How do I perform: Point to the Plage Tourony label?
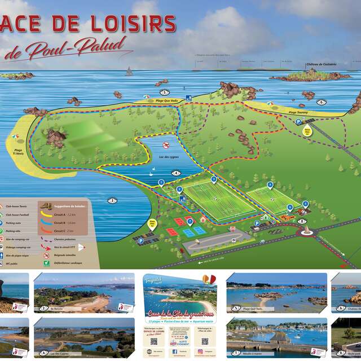[x=300, y=112]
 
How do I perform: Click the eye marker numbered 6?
[x=322, y=102]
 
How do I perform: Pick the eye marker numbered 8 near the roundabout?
[x=303, y=222]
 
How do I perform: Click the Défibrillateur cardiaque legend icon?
[x=46, y=263]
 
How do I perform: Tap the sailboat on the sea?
[x=129, y=72]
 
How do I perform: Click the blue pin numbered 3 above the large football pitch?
[x=214, y=179]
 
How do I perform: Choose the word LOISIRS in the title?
[x=129, y=23]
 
